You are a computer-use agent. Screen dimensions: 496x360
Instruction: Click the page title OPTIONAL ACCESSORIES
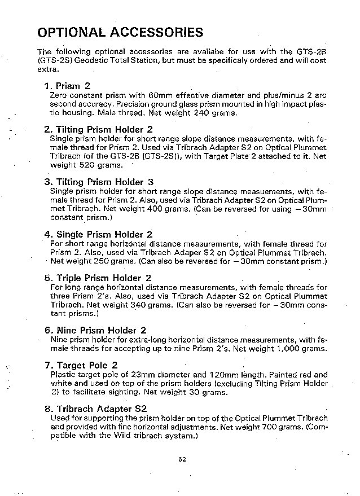[x=120, y=32]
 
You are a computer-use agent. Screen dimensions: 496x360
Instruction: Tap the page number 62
[x=182, y=459]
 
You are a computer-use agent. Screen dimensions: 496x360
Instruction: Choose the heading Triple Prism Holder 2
[x=98, y=278]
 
